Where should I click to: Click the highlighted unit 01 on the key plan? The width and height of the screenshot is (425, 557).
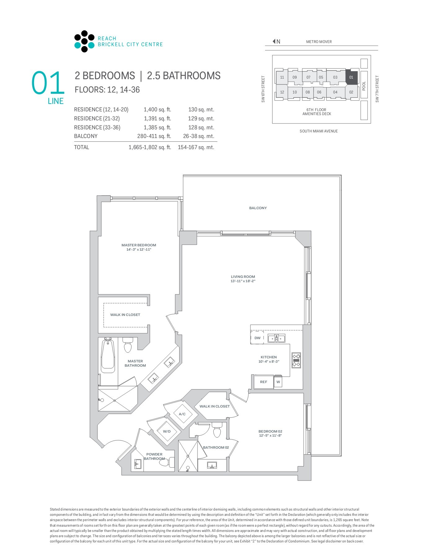coord(351,77)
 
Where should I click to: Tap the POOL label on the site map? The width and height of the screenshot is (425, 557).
coord(364,86)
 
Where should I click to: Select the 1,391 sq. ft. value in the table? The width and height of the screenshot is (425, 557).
coord(157,119)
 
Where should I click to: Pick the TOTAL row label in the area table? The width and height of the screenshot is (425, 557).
coord(82,147)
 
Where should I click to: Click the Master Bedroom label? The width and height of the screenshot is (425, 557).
coord(139,245)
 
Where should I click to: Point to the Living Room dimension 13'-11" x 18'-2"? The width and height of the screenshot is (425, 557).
coord(243,281)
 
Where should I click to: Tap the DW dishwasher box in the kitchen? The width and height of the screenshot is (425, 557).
coord(257,338)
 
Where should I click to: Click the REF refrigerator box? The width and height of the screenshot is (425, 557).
coord(263,382)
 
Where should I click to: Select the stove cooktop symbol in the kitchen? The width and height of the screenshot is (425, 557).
coord(296,360)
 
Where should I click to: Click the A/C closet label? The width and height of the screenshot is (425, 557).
coord(182,414)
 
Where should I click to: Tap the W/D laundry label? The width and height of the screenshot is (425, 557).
coord(167,431)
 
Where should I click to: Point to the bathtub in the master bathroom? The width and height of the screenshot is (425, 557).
coord(108,356)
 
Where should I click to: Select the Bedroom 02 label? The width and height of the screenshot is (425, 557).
coord(270,431)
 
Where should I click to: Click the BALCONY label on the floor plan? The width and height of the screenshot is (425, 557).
coord(258,208)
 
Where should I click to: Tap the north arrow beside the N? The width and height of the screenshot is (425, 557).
coord(274,41)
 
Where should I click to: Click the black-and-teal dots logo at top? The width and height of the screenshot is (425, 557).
coord(84,41)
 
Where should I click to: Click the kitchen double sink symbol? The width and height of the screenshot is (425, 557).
coord(276,338)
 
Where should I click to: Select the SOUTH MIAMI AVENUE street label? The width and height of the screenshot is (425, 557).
coord(318,131)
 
